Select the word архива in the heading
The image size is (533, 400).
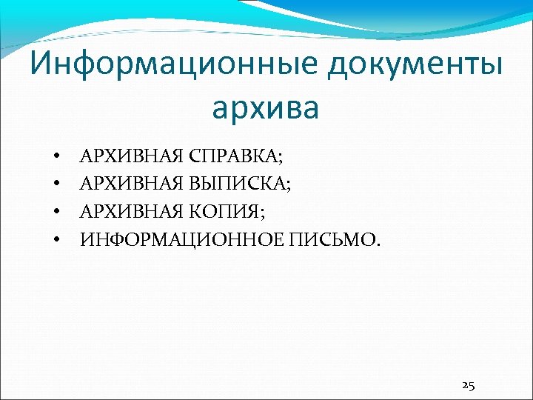[265, 107]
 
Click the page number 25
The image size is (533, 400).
[468, 384]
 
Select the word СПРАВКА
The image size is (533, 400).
[235, 156]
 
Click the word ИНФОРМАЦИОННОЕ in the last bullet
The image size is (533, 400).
[187, 239]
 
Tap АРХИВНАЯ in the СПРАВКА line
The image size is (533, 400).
[133, 156]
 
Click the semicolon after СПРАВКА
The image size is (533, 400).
[281, 159]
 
